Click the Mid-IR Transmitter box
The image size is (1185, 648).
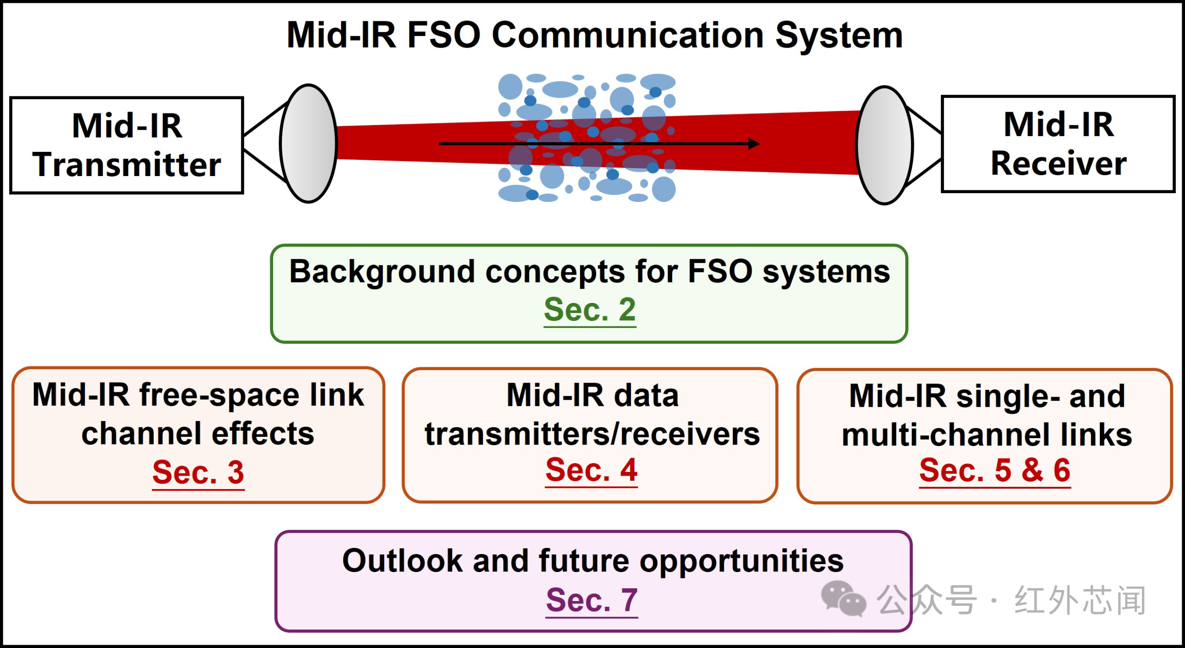pos(127,145)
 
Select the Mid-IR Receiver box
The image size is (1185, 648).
pos(1058,144)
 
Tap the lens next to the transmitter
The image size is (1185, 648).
pos(309,144)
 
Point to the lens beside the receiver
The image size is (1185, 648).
pos(885,145)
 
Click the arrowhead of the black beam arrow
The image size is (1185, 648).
pos(755,144)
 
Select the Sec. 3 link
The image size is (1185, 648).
pos(198,472)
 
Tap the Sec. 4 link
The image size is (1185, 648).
pos(592,470)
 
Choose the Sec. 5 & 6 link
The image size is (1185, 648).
pos(995,471)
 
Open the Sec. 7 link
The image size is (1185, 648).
pos(592,600)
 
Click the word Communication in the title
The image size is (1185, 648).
pos(627,35)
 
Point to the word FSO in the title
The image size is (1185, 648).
pos(443,35)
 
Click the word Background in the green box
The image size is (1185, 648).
pos(382,272)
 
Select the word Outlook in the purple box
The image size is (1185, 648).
pos(402,560)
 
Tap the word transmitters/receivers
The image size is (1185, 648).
pos(592,434)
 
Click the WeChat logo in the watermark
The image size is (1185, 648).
pos(843,598)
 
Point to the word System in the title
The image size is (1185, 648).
pos(839,36)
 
